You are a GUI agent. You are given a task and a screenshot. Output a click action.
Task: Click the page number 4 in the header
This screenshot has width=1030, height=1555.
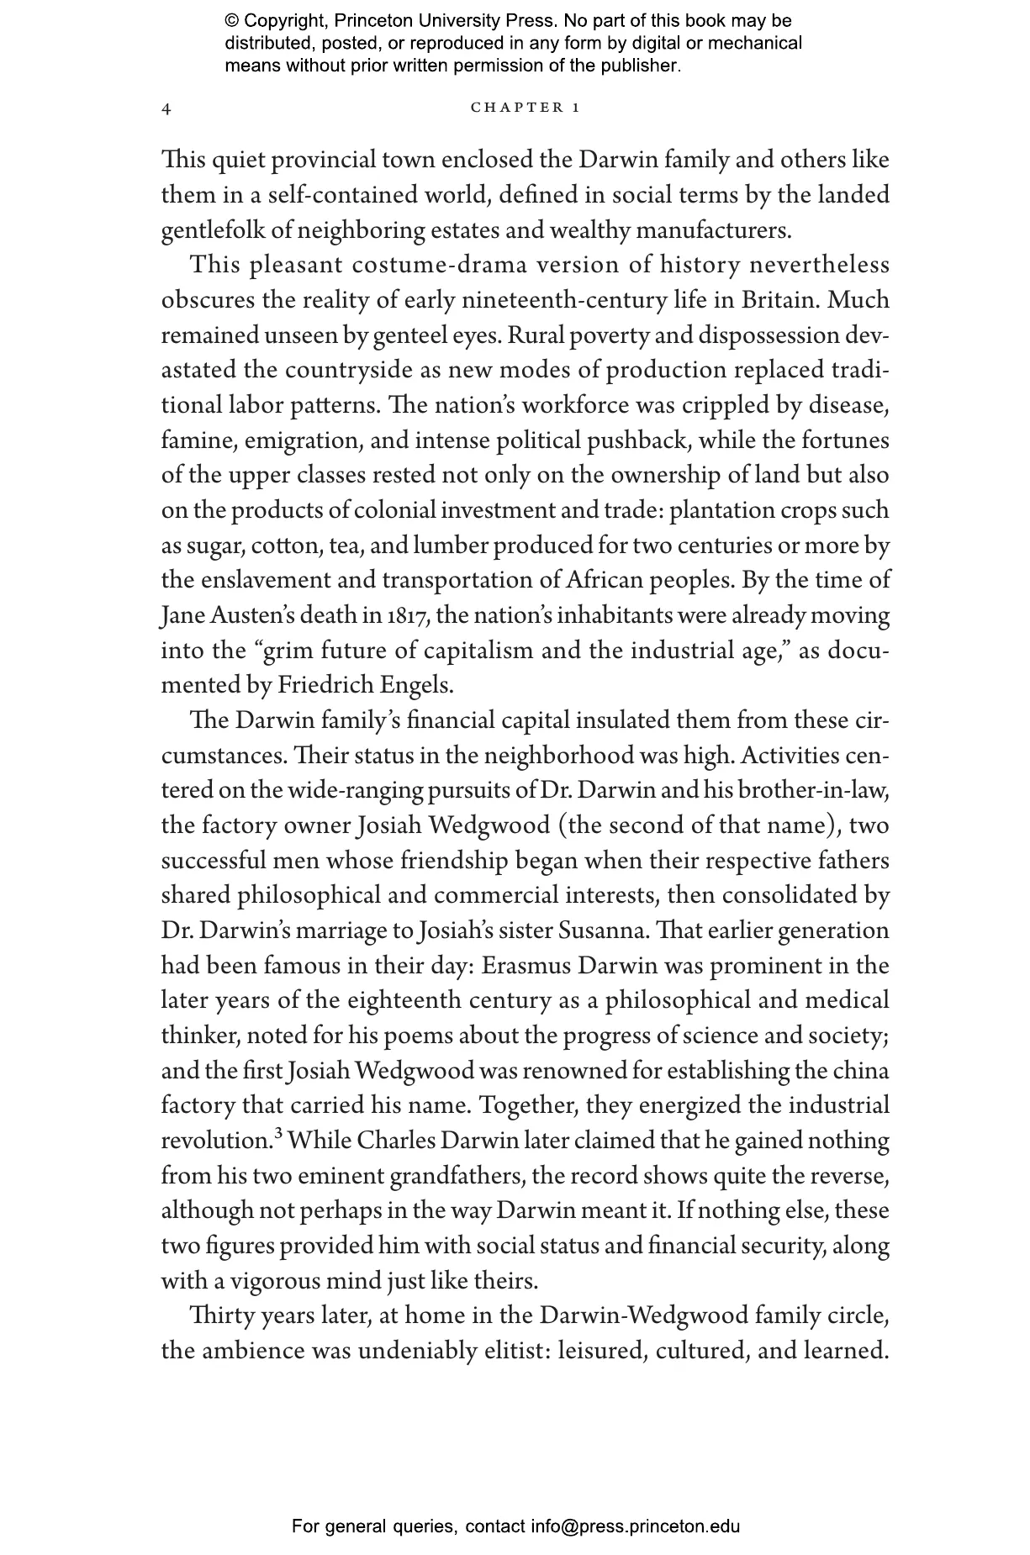click(166, 109)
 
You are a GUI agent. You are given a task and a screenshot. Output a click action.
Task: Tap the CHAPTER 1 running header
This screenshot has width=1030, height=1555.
click(526, 108)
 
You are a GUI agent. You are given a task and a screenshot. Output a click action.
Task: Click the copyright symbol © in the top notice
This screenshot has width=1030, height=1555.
click(231, 21)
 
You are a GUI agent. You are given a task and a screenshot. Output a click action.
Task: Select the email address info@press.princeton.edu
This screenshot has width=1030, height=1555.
click(635, 1526)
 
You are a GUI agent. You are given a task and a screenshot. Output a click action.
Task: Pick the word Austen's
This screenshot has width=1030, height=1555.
click(254, 616)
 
